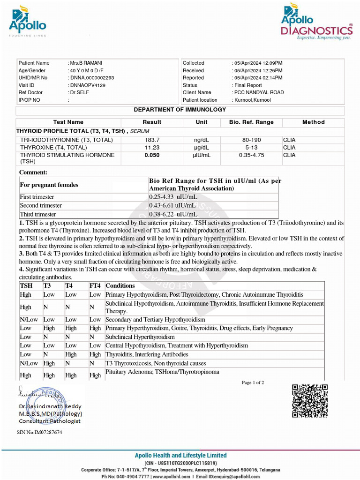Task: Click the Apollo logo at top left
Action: (x=27, y=21)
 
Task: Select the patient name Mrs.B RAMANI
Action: (x=86, y=63)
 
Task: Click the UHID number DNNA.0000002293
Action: (x=91, y=78)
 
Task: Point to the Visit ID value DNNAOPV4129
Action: (x=87, y=85)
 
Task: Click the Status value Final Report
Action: (x=247, y=85)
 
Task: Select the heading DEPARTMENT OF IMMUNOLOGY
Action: (x=180, y=110)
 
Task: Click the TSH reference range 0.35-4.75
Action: (x=251, y=155)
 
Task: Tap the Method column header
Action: (x=313, y=122)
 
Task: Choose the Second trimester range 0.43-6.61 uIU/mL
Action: (x=172, y=206)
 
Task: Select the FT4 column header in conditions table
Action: (x=95, y=285)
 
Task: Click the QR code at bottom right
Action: (x=310, y=401)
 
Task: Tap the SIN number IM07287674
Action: (x=39, y=432)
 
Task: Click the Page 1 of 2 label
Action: (x=253, y=382)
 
